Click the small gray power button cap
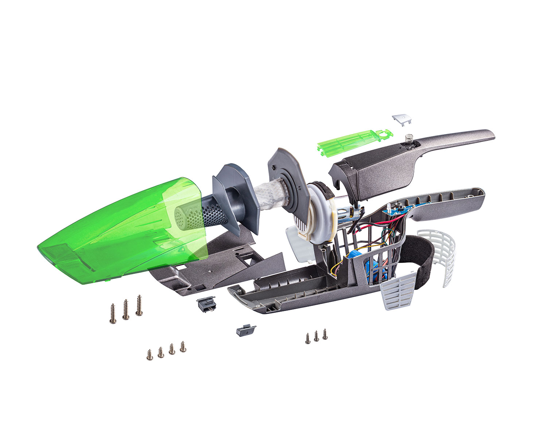[401, 119]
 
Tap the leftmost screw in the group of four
[149, 354]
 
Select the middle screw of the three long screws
[126, 310]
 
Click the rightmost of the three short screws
[325, 334]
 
